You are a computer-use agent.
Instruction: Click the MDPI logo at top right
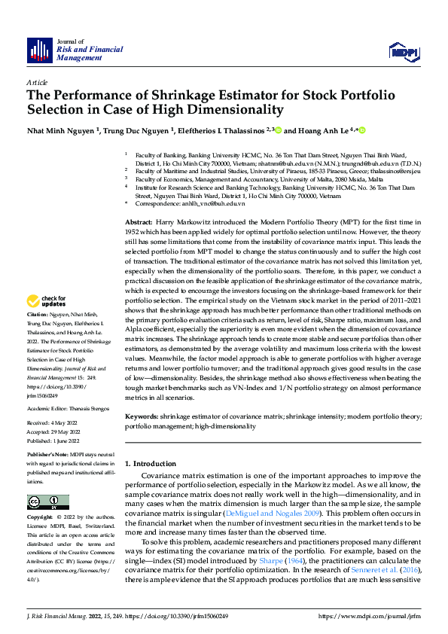point(402,51)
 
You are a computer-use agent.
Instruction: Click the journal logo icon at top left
point(40,50)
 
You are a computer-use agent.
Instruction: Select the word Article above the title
point(37,81)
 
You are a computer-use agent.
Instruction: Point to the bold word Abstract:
point(138,224)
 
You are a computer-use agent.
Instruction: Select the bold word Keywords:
point(141,416)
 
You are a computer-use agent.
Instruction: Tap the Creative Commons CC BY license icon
point(47,502)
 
